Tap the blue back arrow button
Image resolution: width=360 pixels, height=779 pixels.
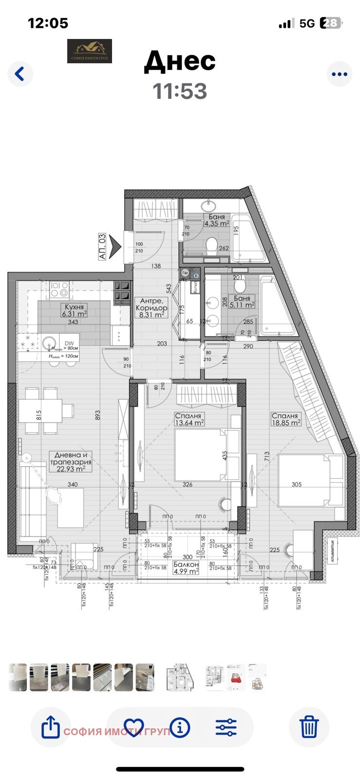(20, 74)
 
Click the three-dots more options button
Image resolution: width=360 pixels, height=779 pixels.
(339, 74)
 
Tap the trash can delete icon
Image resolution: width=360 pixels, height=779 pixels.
(309, 727)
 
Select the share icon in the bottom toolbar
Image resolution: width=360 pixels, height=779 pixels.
(51, 727)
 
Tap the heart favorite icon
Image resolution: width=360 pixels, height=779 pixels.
(133, 727)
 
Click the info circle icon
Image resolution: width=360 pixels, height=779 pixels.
(180, 727)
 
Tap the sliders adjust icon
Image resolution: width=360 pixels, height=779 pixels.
(226, 727)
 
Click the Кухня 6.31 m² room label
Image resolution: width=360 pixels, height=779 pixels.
(74, 311)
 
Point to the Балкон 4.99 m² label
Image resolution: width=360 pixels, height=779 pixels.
(186, 568)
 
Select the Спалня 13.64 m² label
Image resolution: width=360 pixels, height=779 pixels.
(189, 419)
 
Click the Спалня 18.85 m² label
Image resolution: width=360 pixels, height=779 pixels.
(285, 419)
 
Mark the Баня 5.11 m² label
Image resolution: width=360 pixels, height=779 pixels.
(242, 302)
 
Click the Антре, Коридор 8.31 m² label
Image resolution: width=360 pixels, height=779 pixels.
(152, 308)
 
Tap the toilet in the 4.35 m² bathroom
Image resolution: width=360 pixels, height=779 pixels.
(211, 245)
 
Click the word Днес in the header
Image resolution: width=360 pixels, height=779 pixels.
(180, 61)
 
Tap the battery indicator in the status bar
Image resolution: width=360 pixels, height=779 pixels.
(331, 23)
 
